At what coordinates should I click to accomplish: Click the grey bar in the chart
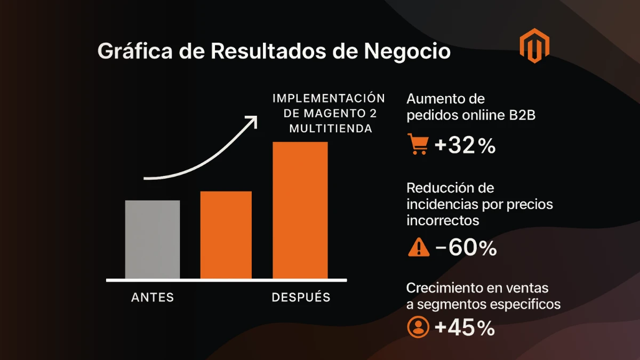153,239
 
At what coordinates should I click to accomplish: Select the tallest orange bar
300,210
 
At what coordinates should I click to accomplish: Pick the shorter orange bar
226,234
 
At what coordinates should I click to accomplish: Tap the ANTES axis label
153,298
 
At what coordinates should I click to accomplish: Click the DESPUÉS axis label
301,298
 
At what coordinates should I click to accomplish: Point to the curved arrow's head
252,119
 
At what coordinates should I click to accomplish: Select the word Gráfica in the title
131,52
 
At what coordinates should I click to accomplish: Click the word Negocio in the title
407,52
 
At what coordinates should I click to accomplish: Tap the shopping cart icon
417,145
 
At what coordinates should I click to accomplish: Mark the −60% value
466,248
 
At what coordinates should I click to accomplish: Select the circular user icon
418,327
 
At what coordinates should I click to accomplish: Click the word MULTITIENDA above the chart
328,129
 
